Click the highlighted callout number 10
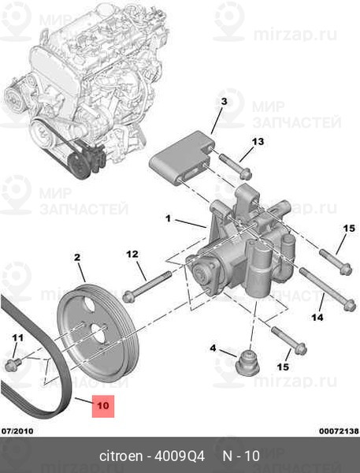(x=103, y=406)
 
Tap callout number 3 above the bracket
(x=224, y=102)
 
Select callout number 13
(x=258, y=141)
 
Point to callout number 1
(x=169, y=218)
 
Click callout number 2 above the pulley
(x=77, y=257)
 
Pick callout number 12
(x=132, y=254)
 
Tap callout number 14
(x=317, y=317)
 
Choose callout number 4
(x=213, y=348)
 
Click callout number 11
(x=17, y=337)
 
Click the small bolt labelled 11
(x=13, y=364)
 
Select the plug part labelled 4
(x=247, y=363)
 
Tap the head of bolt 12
(x=128, y=296)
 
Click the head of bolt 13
(x=247, y=174)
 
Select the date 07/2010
(x=17, y=430)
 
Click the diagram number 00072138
(x=340, y=430)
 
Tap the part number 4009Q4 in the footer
(x=180, y=456)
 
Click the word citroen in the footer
(x=121, y=456)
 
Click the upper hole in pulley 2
(x=88, y=304)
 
